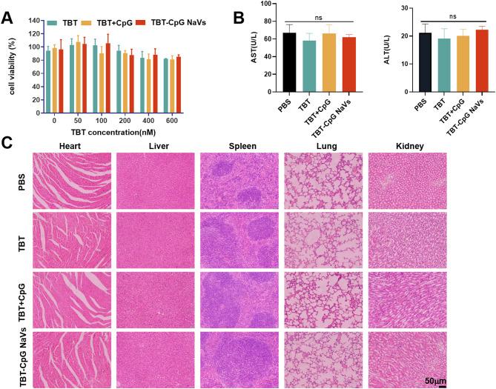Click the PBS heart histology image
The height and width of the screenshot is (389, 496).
[72, 180]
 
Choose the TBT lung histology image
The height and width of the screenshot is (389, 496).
[324, 239]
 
